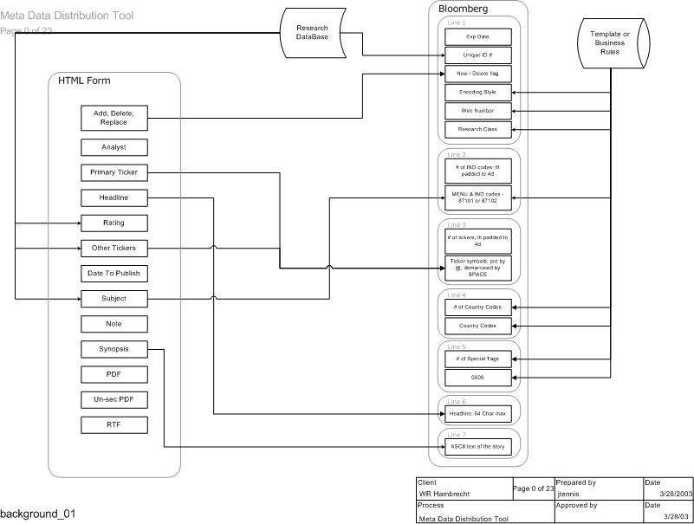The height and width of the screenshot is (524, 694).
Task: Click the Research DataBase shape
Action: click(x=312, y=32)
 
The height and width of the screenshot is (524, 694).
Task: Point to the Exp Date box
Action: click(x=478, y=36)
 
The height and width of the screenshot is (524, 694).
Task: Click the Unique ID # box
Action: click(x=478, y=55)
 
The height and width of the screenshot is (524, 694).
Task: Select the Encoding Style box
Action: click(x=478, y=92)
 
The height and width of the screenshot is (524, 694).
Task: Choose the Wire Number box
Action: click(x=478, y=111)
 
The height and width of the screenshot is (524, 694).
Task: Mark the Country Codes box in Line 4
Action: click(x=478, y=326)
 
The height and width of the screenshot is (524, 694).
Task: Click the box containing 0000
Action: click(x=478, y=378)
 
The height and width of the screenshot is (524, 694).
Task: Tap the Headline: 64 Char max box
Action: click(x=478, y=413)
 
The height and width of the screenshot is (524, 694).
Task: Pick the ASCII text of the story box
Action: click(x=478, y=447)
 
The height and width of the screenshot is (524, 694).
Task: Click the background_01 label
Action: click(x=38, y=514)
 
